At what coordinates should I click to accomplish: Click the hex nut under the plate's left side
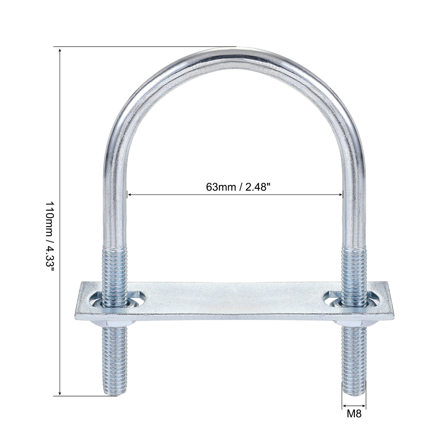115,323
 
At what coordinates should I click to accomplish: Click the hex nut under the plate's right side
354,323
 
